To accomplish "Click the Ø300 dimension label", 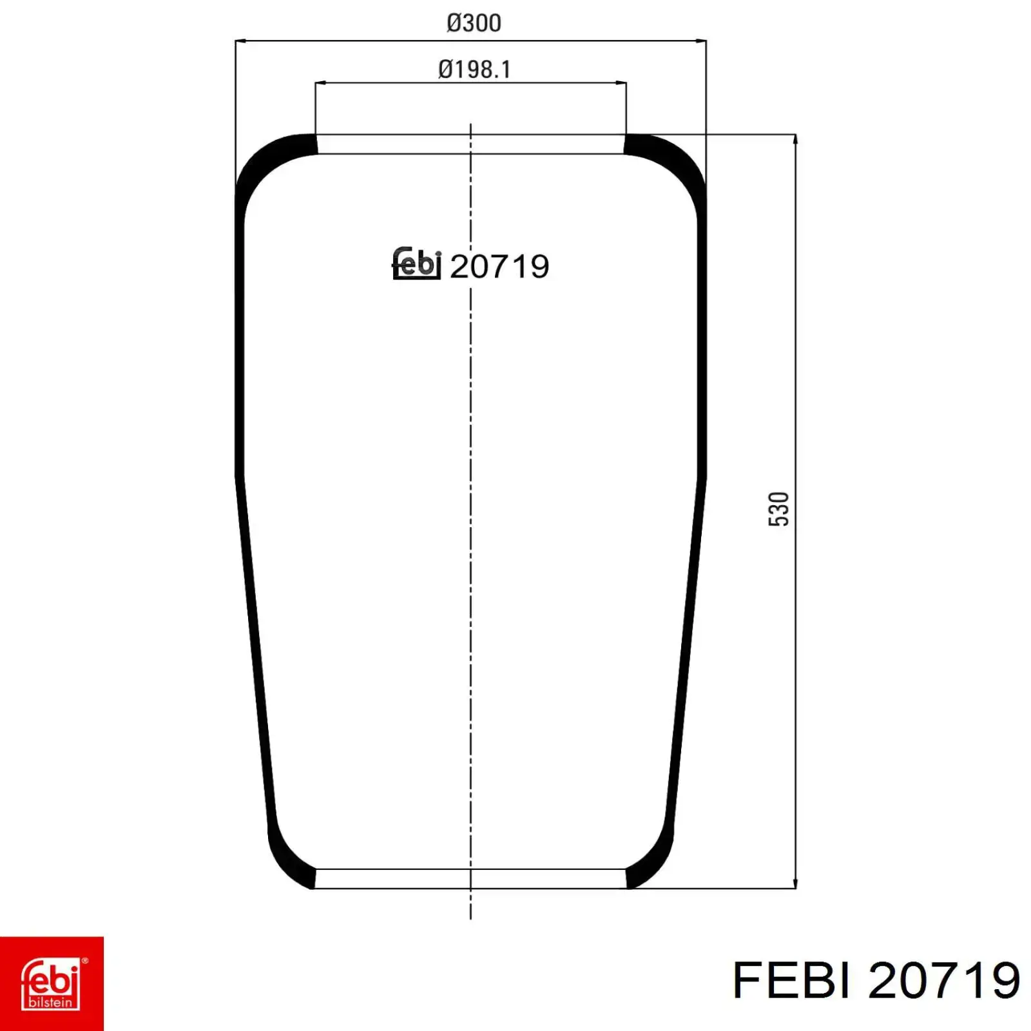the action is click(x=474, y=23).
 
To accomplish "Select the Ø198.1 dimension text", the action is click(x=474, y=69).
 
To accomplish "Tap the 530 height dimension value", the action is click(x=778, y=509).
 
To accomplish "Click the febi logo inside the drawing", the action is click(x=416, y=264).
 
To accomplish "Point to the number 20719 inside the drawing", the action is click(x=499, y=267).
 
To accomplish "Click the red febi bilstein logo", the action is click(x=52, y=983).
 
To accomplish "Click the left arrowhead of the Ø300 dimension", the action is click(x=240, y=41).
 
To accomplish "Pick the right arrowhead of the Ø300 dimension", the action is click(x=700, y=41).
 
